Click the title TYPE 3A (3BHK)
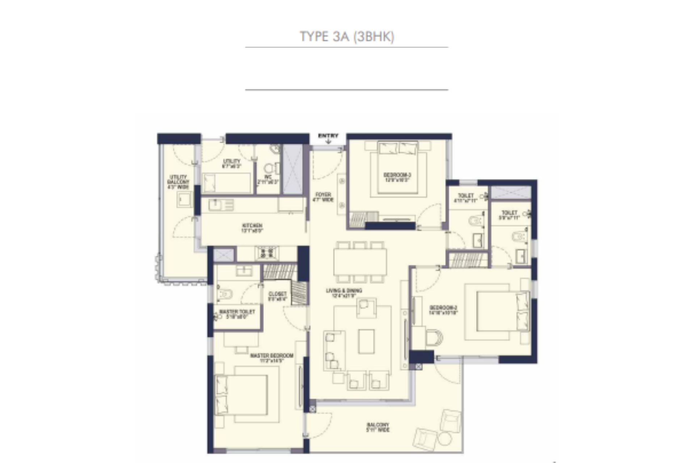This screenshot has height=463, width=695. [347, 37]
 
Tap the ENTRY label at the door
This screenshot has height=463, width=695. [328, 136]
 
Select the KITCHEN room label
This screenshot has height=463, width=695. [252, 228]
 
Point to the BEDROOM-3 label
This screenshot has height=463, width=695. [397, 177]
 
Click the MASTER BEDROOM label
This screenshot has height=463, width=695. [271, 358]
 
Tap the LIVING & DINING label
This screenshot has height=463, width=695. [344, 293]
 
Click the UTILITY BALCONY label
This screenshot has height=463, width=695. [178, 182]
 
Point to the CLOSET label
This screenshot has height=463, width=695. [278, 296]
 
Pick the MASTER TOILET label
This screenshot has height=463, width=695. [237, 314]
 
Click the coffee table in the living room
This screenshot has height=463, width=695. [366, 341]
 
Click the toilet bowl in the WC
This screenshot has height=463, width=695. [269, 168]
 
